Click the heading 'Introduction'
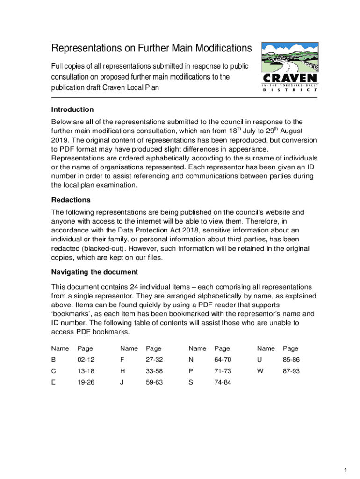(72, 109)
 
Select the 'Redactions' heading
(71, 200)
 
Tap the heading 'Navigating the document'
(94, 272)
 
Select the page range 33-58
(154, 371)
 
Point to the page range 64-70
(223, 360)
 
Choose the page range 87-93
(291, 371)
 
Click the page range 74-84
(223, 382)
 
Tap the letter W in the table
(260, 371)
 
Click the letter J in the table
(122, 382)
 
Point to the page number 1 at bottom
(345, 470)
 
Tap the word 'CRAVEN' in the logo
(289, 78)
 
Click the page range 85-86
(291, 360)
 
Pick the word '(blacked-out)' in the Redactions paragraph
(103, 248)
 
